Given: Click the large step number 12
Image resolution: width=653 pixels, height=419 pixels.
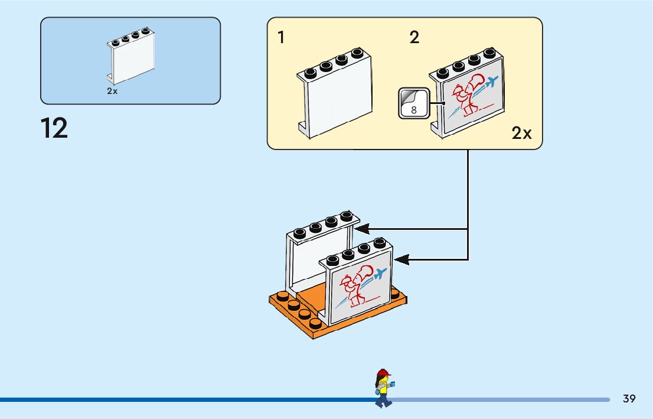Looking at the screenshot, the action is point(54,128).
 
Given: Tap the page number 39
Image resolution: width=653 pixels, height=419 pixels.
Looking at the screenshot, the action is point(629,398).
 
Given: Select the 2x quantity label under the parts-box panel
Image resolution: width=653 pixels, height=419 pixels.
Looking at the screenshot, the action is point(112,91).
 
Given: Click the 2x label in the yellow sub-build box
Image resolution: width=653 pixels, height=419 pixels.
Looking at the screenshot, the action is point(521,133).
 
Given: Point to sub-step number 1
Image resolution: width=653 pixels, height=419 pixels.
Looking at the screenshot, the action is point(281,37).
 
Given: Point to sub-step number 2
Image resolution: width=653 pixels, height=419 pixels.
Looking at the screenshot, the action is point(414,37).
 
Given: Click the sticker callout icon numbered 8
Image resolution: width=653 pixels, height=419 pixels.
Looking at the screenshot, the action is point(413,103).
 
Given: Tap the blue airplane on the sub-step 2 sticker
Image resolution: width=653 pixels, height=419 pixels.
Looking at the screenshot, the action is point(491,82).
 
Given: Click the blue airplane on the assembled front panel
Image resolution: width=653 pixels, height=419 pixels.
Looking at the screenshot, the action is point(380,274).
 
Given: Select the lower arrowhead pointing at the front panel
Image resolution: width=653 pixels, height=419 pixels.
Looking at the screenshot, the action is point(401,260).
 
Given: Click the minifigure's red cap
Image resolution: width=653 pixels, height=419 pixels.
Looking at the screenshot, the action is point(383,372).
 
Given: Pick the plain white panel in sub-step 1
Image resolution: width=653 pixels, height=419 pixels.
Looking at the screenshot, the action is point(335,93).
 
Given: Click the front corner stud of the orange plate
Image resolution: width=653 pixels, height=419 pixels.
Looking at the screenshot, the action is point(315,323).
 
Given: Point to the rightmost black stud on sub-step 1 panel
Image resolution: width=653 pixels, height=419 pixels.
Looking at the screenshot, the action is point(357,53).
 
